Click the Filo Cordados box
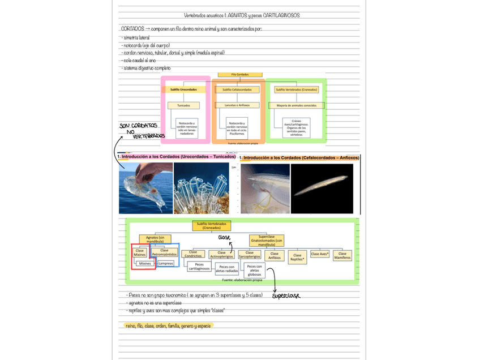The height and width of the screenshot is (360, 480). (240, 75)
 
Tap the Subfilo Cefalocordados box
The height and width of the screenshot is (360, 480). (237, 89)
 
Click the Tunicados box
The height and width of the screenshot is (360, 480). (183, 105)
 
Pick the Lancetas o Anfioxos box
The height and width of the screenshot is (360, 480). (237, 105)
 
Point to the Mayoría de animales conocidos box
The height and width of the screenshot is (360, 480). (297, 105)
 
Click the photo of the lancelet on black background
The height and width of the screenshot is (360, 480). (322, 188)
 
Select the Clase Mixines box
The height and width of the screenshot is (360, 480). (140, 252)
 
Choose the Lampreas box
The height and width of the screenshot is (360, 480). (166, 263)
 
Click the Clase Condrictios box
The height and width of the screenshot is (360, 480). (193, 254)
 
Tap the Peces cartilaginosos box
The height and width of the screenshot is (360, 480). (199, 267)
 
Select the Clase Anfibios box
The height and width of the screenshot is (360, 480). (274, 256)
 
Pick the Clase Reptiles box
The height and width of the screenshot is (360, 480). (297, 258)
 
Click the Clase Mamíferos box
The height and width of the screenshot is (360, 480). (342, 256)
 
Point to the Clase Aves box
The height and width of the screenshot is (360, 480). (320, 255)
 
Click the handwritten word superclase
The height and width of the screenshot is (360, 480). (286, 296)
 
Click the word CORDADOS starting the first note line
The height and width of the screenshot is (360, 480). (132, 28)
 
